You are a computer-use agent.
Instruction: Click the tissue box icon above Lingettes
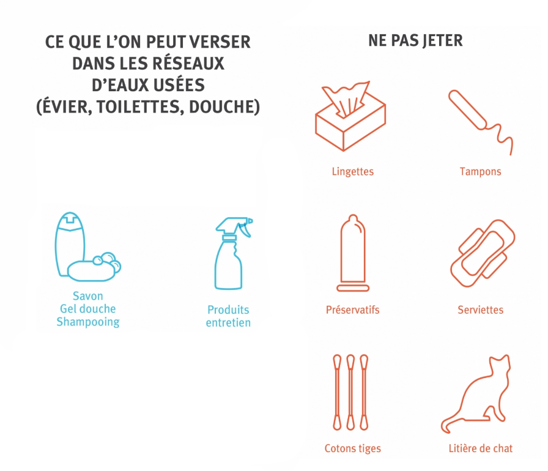point(350,116)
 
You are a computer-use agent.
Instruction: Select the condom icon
point(353,253)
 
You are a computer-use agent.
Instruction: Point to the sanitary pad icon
point(483,253)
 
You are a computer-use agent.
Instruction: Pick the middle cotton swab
point(350,392)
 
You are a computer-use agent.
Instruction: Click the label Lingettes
point(353,171)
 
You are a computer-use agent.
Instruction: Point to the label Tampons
point(480,171)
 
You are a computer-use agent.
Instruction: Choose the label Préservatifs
point(353,310)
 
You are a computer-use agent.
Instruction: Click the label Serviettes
point(481,310)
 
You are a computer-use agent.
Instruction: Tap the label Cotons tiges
point(353,448)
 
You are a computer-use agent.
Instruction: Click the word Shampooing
point(88,322)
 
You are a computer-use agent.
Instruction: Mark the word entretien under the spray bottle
point(228,322)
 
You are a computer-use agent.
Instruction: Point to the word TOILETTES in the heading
point(138,107)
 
